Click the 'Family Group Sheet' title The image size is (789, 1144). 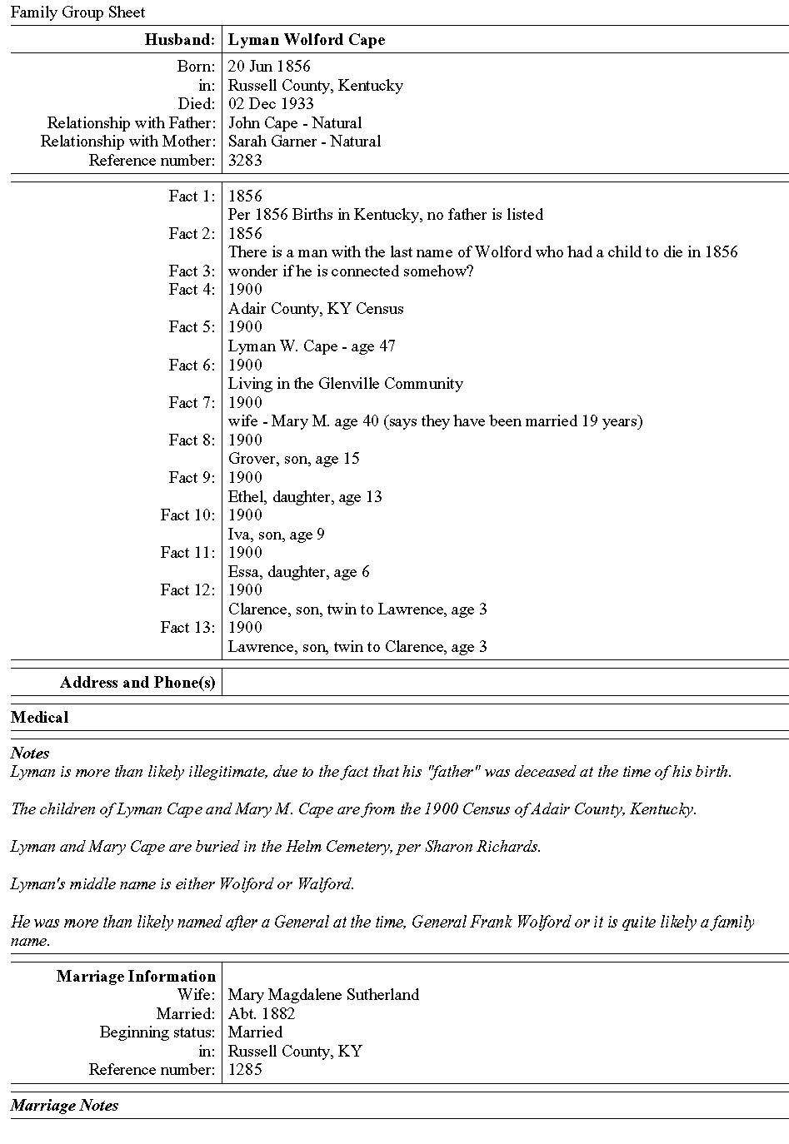pyautogui.click(x=77, y=12)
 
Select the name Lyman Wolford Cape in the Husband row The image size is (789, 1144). pyautogui.click(x=307, y=40)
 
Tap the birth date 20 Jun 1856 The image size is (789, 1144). pyautogui.click(x=269, y=67)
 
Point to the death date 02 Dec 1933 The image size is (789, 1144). pyautogui.click(x=271, y=104)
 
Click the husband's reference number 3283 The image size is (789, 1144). pyautogui.click(x=245, y=161)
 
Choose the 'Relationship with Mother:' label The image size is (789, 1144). pyautogui.click(x=127, y=142)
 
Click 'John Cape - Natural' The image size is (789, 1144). pyautogui.click(x=295, y=123)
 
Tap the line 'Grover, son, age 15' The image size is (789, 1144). pyautogui.click(x=294, y=459)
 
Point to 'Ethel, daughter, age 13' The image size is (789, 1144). pyautogui.click(x=305, y=497)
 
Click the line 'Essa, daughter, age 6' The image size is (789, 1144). pyautogui.click(x=299, y=572)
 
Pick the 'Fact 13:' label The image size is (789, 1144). pyautogui.click(x=187, y=628)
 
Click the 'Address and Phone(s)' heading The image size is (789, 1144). pyautogui.click(x=137, y=683)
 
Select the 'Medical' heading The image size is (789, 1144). pyautogui.click(x=39, y=718)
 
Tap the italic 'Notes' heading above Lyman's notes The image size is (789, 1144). pyautogui.click(x=30, y=754)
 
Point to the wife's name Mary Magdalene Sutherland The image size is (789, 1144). pyautogui.click(x=323, y=995)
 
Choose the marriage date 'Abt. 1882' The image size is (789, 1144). pyautogui.click(x=262, y=1014)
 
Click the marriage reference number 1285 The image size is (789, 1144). pyautogui.click(x=245, y=1070)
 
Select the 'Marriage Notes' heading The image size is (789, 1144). pyautogui.click(x=64, y=1106)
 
